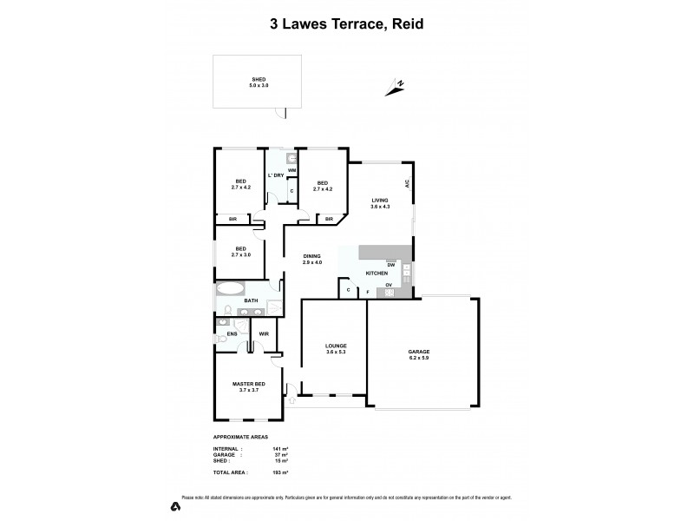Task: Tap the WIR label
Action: [x=264, y=333]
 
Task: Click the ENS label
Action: [x=232, y=333]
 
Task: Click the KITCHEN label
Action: [x=376, y=274]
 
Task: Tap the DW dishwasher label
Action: [x=391, y=264]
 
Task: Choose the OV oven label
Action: [x=390, y=284]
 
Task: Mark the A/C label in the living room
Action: [x=406, y=184]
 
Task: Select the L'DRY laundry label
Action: [x=276, y=175]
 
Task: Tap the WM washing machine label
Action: [x=292, y=170]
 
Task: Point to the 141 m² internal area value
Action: [x=280, y=448]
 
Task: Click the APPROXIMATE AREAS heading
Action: [x=240, y=437]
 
